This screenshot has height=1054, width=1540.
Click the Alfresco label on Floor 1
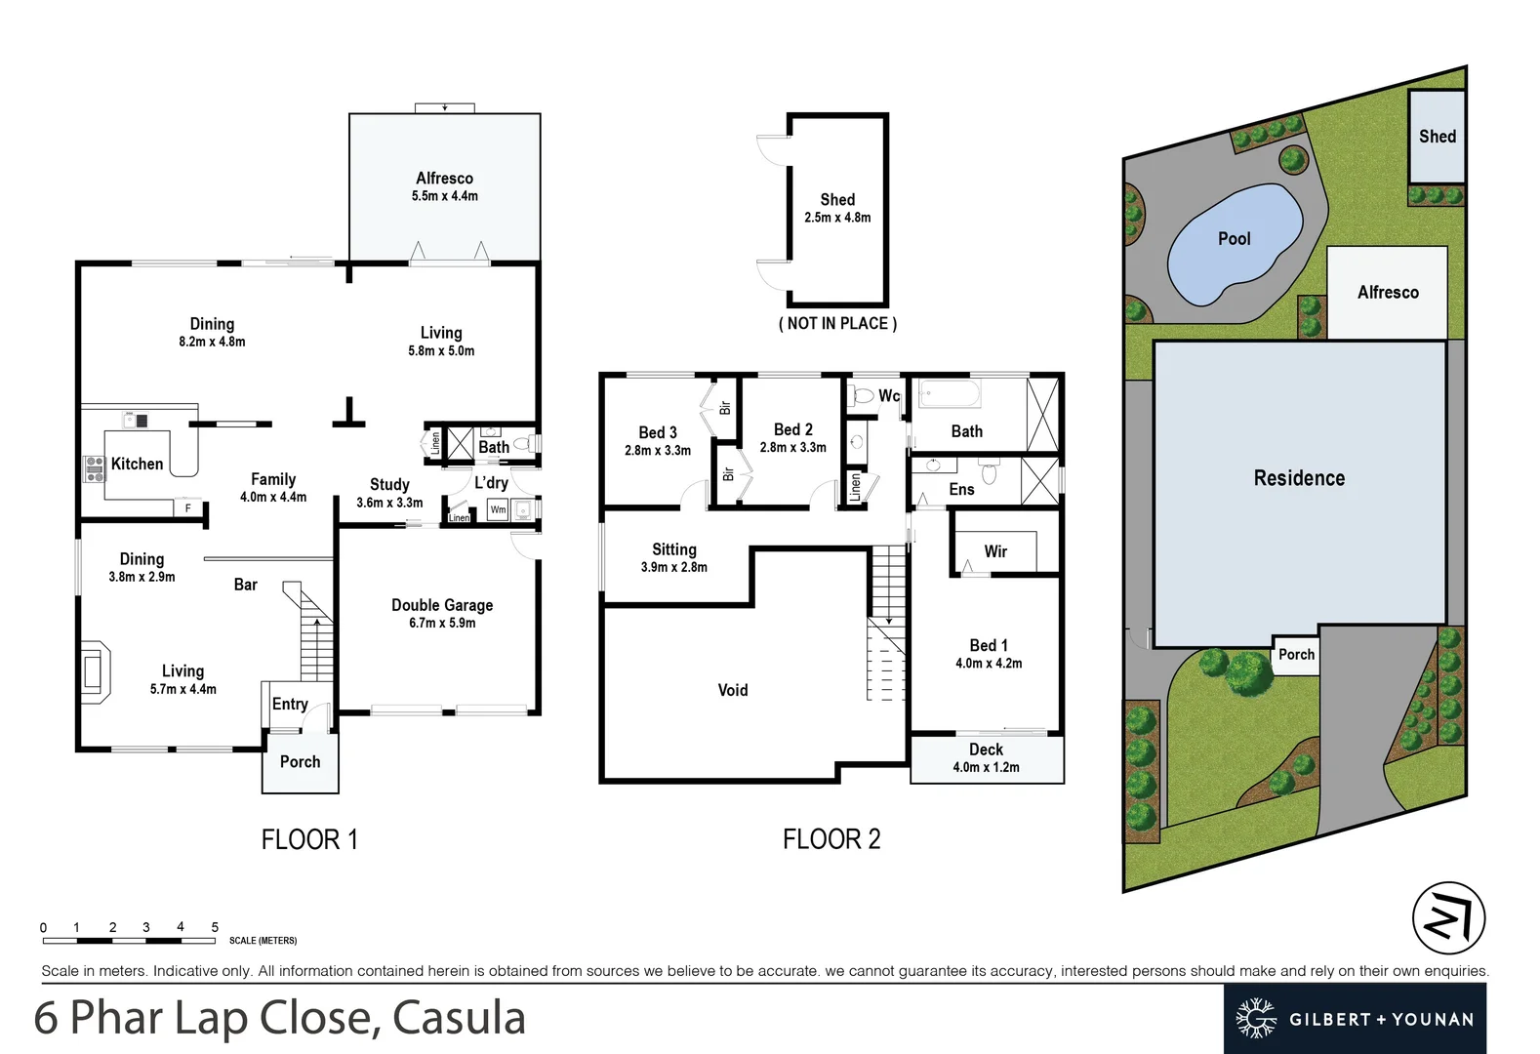point(444,178)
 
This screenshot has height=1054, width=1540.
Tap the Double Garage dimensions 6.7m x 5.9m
point(442,623)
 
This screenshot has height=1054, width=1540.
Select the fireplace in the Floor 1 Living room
point(96,671)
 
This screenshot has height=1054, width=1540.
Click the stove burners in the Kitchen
point(95,469)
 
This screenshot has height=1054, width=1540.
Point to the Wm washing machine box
point(498,509)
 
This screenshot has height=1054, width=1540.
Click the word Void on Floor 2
point(733,690)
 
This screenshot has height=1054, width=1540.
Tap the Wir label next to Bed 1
point(995,551)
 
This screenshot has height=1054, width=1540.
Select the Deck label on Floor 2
point(986,750)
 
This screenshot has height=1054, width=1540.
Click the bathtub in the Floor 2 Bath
point(949,395)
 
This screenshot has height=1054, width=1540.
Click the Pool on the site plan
point(1234,239)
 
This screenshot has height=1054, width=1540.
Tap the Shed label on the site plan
point(1437,137)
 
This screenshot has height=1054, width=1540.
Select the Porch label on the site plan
point(1296,655)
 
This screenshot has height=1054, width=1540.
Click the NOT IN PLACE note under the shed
point(837,323)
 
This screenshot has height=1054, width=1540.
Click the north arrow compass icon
point(1448,918)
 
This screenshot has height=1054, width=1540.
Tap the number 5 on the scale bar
point(215,927)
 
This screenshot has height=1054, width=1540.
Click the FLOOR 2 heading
point(831,839)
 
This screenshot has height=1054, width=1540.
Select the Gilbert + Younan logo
point(1355,1019)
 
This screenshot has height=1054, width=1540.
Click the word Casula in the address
point(459,1018)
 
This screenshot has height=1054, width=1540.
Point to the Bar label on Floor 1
point(245,585)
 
